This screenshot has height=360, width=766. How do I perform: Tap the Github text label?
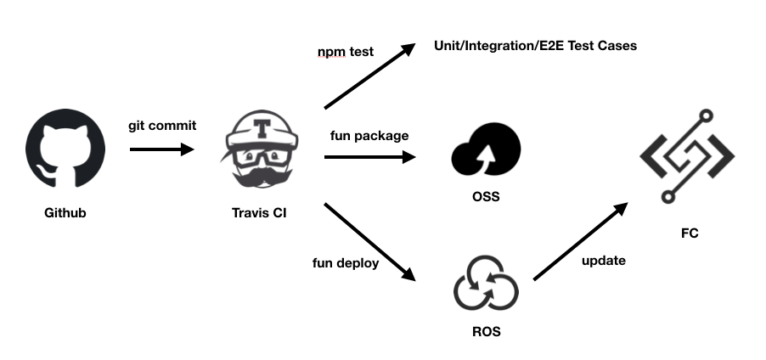click(65, 212)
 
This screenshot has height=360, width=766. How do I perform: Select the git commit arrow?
click(161, 150)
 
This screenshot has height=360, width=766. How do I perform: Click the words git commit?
click(162, 126)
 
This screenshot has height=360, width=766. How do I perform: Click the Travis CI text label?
click(259, 212)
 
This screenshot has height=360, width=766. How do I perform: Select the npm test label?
click(346, 53)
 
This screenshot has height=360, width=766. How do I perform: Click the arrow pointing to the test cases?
click(369, 76)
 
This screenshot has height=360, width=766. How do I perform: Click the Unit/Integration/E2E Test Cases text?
click(535, 45)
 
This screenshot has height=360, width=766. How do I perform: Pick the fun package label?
click(369, 135)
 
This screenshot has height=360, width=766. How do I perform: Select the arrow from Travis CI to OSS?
click(369, 157)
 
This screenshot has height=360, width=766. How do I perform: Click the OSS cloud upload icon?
click(485, 153)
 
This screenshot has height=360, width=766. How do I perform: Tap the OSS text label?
click(486, 198)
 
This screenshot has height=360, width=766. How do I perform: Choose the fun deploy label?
click(346, 262)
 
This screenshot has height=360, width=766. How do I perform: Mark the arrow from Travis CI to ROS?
click(369, 242)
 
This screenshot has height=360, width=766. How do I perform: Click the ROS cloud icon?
click(485, 287)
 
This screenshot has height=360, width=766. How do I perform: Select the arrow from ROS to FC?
click(581, 242)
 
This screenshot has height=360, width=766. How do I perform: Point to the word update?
click(604, 261)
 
